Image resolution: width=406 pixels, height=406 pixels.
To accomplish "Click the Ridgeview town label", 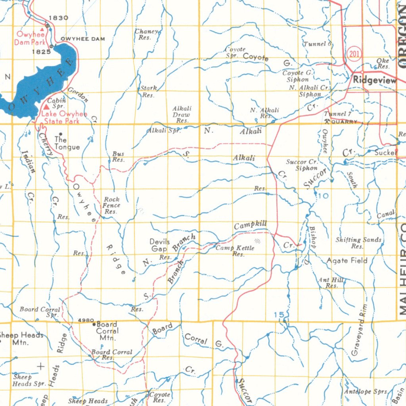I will coord(374,80).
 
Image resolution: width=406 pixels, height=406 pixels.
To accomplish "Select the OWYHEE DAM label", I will coord(83,39).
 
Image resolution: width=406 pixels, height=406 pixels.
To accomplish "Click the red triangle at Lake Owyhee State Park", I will coord(46,107).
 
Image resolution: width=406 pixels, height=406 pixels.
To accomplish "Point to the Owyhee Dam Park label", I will coord(31,38).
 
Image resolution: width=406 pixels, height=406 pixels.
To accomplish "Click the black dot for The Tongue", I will coord(60,134).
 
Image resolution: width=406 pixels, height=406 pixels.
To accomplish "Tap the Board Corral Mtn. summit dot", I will coord(94,324).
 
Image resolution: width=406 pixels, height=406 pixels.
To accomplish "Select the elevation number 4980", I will coord(86,320).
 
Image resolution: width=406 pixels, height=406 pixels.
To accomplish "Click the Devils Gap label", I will coord(160,245).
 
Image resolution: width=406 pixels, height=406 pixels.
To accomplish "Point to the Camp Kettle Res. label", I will coord(235,251).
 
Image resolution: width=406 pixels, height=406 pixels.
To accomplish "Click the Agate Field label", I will coord(347,260).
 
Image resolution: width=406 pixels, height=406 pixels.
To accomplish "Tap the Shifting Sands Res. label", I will coord(358,243).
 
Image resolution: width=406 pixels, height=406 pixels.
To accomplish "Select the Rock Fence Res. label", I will coord(111,205).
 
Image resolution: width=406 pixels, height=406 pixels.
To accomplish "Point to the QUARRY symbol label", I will coord(344,122).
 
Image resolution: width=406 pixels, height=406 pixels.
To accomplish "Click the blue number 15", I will coord(279,315).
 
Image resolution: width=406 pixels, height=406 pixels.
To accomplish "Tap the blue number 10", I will coord(323,196).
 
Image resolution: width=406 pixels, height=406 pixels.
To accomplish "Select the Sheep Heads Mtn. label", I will coord(21,339).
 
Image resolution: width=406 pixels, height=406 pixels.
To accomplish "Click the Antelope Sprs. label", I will coord(365,391).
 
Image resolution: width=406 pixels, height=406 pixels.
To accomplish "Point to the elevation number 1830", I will coord(58,18).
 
